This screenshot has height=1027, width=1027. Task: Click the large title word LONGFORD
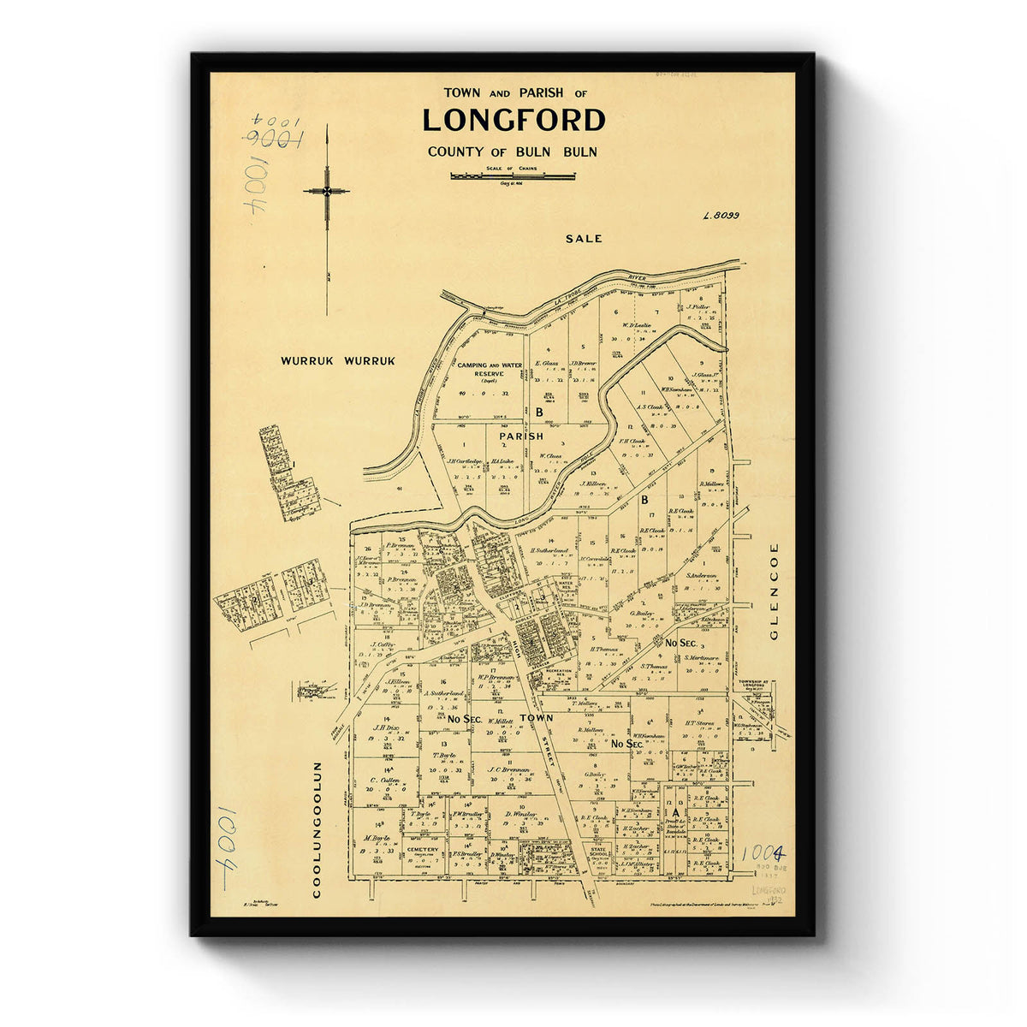(513, 121)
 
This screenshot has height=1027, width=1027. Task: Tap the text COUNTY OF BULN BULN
(513, 152)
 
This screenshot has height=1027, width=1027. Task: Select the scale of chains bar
(513, 176)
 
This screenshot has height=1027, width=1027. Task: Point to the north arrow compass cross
(326, 192)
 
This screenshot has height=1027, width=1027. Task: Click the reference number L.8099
(721, 217)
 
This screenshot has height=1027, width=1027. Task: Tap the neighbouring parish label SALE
(584, 239)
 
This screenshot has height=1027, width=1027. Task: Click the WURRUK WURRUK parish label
(338, 361)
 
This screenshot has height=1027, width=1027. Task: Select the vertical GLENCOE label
(775, 591)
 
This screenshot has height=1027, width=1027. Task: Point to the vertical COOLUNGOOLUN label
(316, 829)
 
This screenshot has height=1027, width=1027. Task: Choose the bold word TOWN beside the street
(537, 717)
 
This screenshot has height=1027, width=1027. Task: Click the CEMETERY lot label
(423, 850)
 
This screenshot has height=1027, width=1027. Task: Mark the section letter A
(675, 811)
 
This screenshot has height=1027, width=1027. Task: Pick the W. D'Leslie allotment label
(638, 325)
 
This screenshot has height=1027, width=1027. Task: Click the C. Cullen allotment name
(386, 781)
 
